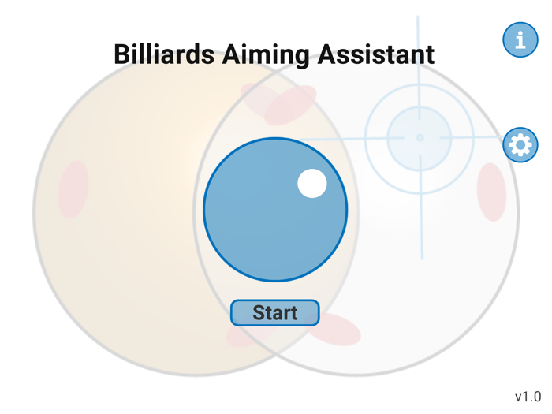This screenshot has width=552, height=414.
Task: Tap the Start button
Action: click(x=274, y=313)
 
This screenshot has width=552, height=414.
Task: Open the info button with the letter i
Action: click(x=520, y=39)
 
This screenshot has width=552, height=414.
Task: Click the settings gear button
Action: click(x=520, y=145)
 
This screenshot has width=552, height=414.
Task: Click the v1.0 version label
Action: click(x=528, y=396)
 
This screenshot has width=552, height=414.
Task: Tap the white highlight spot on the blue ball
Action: click(x=312, y=184)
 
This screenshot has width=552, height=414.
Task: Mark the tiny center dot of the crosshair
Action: click(x=420, y=138)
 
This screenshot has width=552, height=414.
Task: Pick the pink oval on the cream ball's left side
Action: click(x=73, y=189)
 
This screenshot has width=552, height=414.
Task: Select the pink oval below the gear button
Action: click(x=491, y=192)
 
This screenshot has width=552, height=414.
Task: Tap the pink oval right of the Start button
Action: click(x=334, y=329)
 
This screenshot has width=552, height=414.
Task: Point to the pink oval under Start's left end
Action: click(x=241, y=336)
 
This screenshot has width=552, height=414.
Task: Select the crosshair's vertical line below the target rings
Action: click(x=421, y=229)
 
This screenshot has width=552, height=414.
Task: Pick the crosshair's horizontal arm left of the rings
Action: click(x=331, y=140)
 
